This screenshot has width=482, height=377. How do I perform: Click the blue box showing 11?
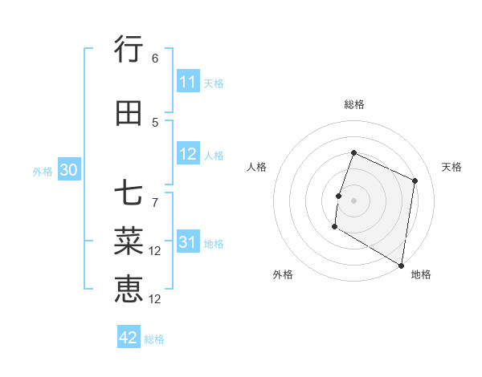click(x=188, y=82)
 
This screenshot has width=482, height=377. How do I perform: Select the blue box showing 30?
click(x=69, y=170)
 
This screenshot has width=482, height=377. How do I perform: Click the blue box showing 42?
click(x=129, y=338)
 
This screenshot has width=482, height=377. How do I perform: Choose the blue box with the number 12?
click(x=188, y=155)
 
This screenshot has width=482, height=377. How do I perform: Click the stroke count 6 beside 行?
click(x=155, y=58)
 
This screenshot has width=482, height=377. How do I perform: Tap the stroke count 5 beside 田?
click(x=155, y=122)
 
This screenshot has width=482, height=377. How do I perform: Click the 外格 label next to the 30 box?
click(x=43, y=171)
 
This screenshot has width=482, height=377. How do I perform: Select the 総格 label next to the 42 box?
click(x=154, y=339)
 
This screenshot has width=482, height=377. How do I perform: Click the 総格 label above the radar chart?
click(x=353, y=104)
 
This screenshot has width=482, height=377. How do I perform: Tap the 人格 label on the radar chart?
click(x=256, y=167)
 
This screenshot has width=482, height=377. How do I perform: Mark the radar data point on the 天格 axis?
click(x=415, y=180)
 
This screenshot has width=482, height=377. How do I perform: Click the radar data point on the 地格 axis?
click(x=401, y=265)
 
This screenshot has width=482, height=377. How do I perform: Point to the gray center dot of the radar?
click(x=353, y=200)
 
